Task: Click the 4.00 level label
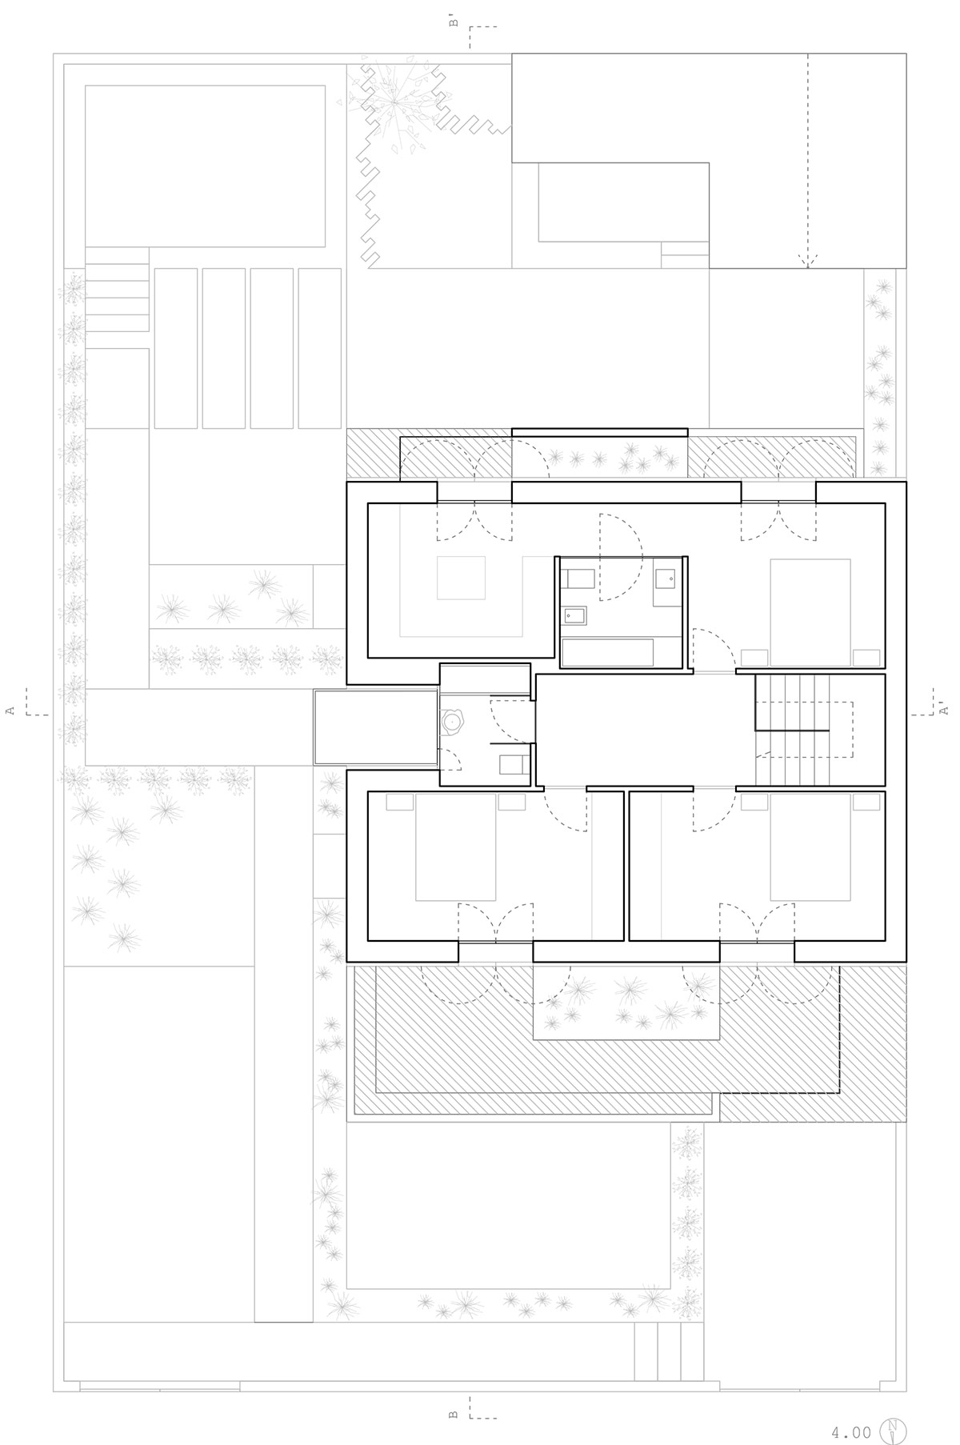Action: click(x=851, y=1410)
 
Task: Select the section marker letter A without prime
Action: click(x=10, y=710)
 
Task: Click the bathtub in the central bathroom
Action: click(x=608, y=653)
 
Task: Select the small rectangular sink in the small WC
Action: click(x=513, y=765)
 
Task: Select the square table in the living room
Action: click(x=462, y=578)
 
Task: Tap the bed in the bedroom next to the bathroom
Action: click(x=810, y=612)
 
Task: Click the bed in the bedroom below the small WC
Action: click(x=456, y=847)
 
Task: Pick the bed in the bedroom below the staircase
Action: click(x=810, y=847)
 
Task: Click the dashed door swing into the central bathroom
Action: click(x=622, y=557)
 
